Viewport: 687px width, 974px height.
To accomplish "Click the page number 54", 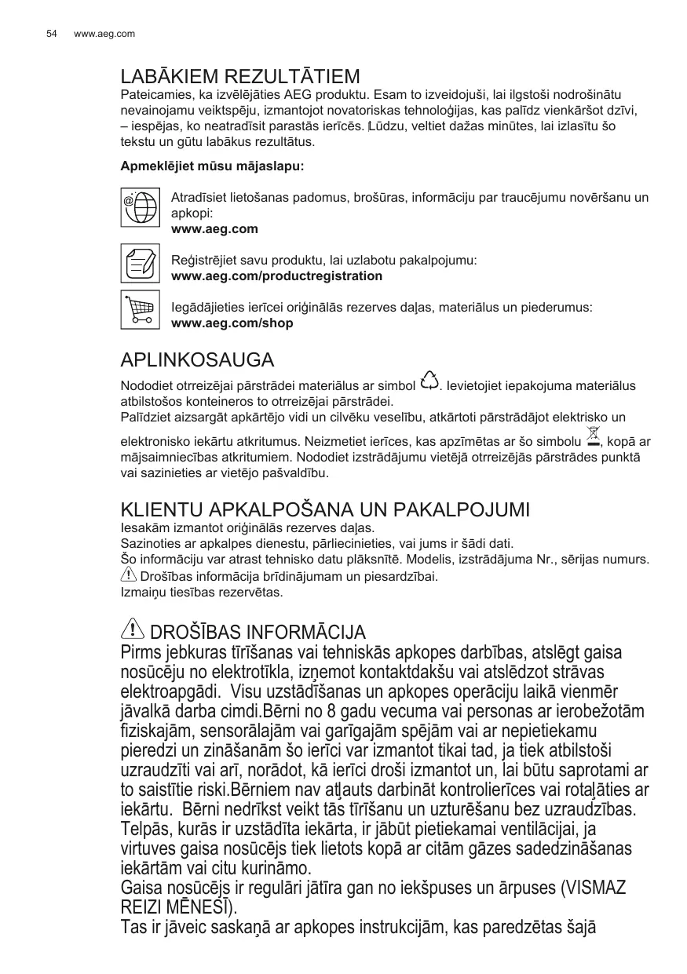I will (52, 34).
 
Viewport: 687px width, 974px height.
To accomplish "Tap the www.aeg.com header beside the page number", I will (104, 34).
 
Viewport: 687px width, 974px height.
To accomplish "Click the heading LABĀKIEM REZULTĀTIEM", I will (240, 78).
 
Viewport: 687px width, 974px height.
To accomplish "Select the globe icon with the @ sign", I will (141, 206).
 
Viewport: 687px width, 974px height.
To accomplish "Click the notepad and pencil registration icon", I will (141, 263).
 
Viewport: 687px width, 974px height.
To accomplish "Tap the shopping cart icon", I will (141, 309).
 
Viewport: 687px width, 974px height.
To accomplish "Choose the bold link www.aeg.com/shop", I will (232, 323).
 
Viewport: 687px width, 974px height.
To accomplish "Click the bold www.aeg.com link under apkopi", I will (214, 229).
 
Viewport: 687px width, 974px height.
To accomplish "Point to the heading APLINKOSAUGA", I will (197, 361).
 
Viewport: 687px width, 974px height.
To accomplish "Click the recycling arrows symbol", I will (429, 380).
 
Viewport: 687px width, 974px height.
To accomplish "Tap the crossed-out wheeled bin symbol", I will (593, 434).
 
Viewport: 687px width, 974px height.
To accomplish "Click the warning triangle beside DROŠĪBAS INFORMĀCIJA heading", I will (134, 628).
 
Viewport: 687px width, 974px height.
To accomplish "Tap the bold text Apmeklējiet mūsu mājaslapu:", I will (212, 167).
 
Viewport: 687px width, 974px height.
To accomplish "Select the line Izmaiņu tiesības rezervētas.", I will (191, 592).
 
